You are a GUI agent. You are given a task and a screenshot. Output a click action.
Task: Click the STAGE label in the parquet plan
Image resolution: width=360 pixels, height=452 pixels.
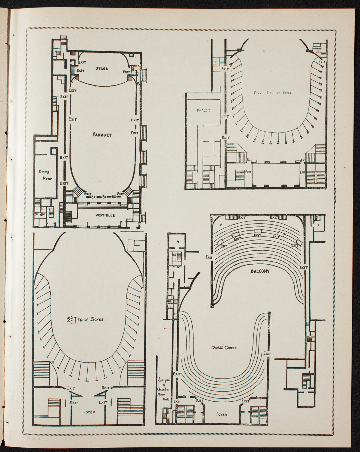[x=102, y=69]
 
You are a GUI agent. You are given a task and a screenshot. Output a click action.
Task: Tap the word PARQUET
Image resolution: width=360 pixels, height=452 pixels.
[x=102, y=135]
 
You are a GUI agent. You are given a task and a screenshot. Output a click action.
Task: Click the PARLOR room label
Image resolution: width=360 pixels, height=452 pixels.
[x=201, y=110]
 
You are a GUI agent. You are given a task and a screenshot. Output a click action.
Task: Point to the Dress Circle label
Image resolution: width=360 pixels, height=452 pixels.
[x=224, y=347]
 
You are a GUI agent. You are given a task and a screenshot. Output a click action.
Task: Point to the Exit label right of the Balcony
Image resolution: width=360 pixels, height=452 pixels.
[x=303, y=267]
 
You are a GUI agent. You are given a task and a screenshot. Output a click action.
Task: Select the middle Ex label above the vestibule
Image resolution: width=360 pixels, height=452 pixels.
[x=104, y=197]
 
